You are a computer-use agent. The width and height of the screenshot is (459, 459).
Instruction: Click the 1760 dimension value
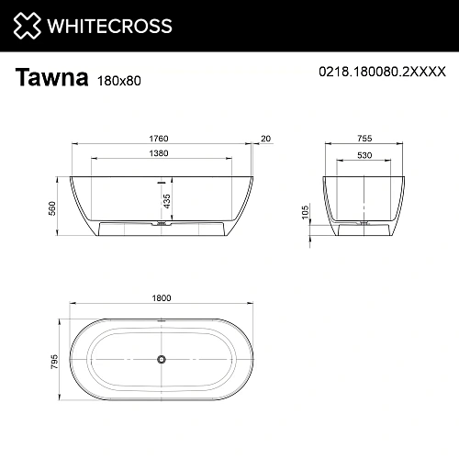point(162,138)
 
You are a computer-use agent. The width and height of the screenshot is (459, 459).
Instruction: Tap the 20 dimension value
point(266,138)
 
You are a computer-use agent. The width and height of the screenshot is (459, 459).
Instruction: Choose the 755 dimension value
point(364,138)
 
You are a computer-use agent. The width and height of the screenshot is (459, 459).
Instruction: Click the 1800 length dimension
point(162,299)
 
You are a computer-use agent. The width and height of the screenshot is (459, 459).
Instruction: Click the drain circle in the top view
point(162,359)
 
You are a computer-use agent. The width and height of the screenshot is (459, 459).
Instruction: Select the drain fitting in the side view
point(162,222)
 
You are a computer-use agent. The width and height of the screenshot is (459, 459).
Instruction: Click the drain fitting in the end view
point(364,222)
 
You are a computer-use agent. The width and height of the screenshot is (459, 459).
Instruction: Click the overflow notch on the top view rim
point(162,320)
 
